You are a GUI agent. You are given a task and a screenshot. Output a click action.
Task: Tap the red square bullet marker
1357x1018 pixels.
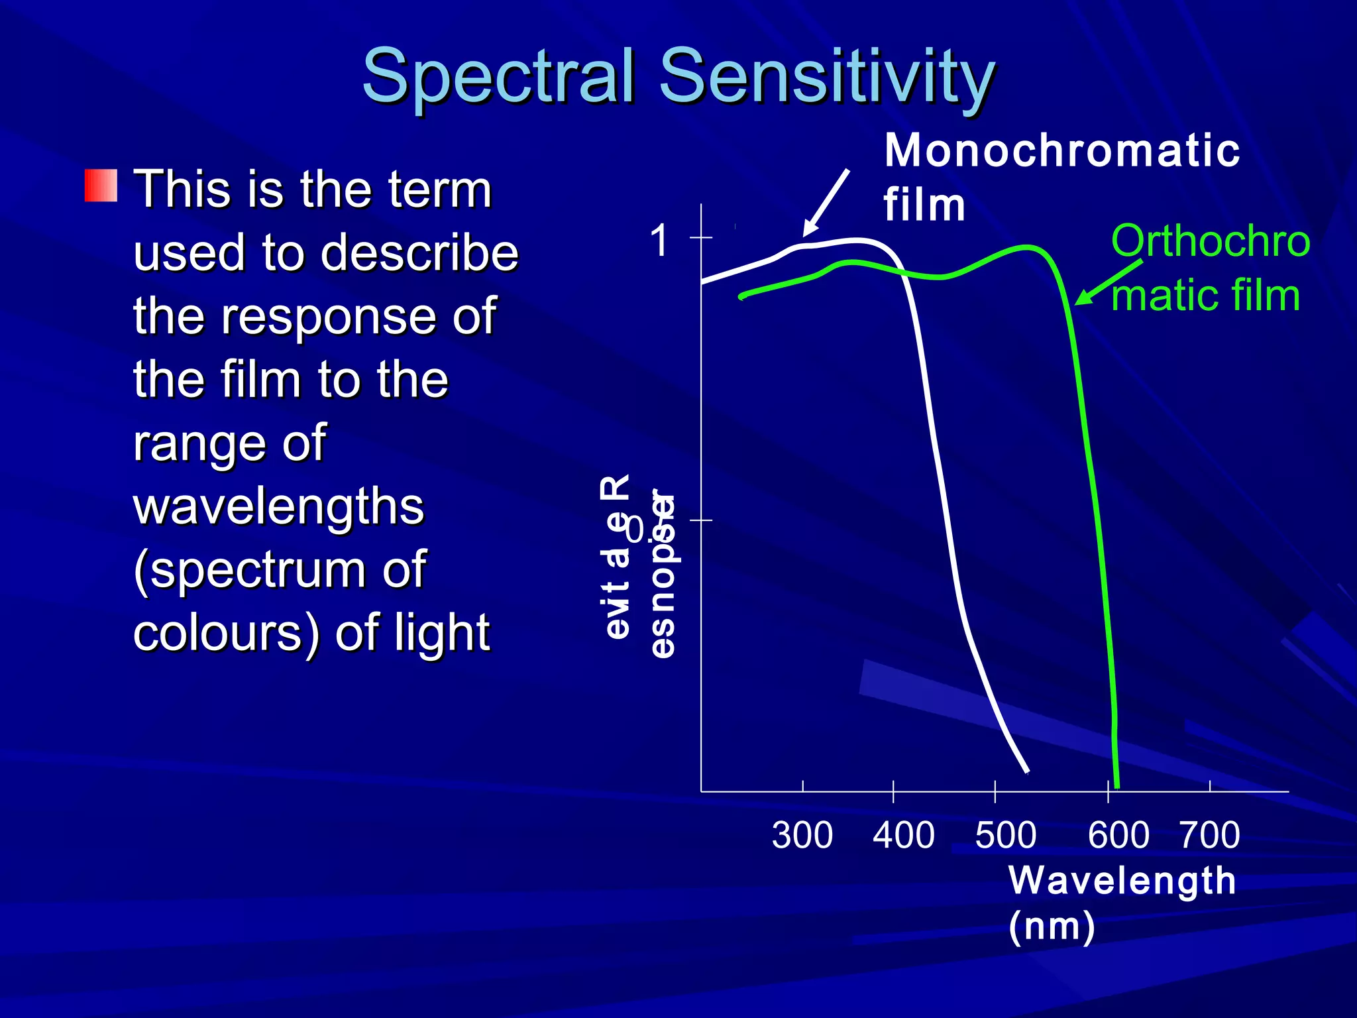click(x=101, y=186)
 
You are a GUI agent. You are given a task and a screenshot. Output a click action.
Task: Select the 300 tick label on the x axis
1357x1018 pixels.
click(x=802, y=835)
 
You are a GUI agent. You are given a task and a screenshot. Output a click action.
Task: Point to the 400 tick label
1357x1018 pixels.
click(x=903, y=835)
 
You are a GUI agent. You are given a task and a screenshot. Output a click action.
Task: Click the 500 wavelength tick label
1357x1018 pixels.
click(x=1005, y=835)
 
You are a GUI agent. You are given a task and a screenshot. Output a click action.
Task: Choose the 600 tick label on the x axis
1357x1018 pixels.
click(x=1118, y=835)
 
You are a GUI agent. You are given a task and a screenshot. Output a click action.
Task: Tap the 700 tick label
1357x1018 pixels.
click(x=1209, y=835)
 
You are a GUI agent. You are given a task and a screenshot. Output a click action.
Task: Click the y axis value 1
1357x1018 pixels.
click(x=659, y=240)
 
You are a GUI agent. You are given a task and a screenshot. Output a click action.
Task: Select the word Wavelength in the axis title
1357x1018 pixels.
click(x=1122, y=881)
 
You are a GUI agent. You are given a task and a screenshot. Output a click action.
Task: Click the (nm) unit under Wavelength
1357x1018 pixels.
click(x=1052, y=926)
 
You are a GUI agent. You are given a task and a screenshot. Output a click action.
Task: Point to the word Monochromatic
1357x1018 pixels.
click(x=1061, y=150)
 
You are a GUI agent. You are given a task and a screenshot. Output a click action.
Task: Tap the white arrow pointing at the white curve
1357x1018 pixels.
click(x=826, y=203)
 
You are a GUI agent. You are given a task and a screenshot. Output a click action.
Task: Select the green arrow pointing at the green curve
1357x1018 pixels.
click(x=1108, y=283)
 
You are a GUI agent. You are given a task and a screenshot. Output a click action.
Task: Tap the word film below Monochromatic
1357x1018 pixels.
click(x=924, y=205)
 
